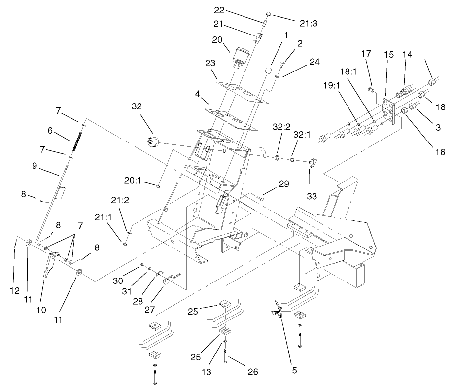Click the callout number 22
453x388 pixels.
click(x=218, y=10)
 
